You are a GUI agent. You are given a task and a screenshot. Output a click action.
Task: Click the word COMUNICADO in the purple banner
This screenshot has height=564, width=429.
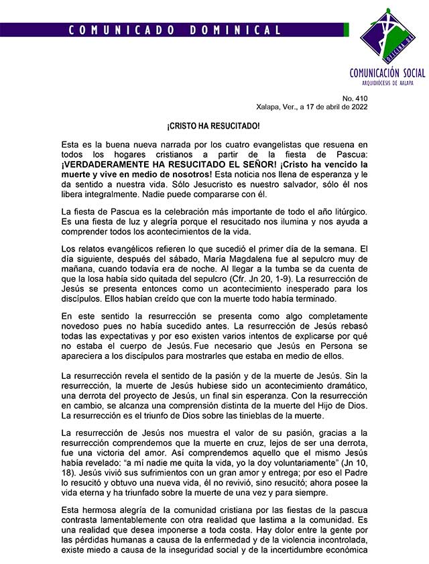click(x=114, y=30)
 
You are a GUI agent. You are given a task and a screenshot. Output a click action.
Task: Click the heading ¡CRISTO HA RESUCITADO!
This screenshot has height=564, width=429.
click(x=214, y=126)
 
